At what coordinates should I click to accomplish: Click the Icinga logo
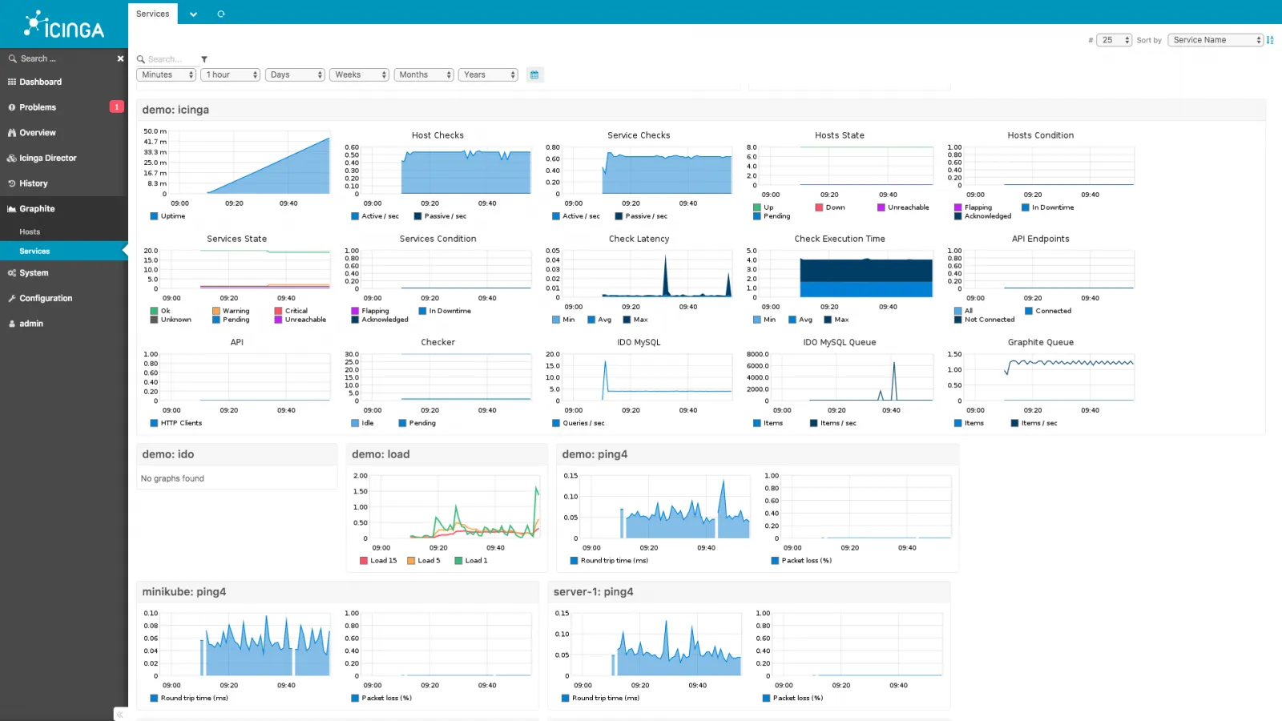[x=64, y=25]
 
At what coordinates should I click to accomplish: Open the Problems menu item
[x=38, y=107]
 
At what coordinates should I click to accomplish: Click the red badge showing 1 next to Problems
[x=116, y=107]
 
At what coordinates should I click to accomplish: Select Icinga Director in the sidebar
[x=48, y=159]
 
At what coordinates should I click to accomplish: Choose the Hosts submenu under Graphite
[x=30, y=232]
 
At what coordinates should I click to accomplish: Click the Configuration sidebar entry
[x=46, y=299]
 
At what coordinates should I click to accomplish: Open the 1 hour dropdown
[x=231, y=75]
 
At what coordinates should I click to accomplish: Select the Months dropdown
[x=424, y=75]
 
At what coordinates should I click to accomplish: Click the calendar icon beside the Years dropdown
[x=534, y=75]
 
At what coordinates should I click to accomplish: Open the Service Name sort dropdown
[x=1215, y=40]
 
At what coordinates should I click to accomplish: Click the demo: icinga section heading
[x=175, y=110]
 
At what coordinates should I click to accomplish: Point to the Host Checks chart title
[x=437, y=135]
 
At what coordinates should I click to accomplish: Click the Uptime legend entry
[x=172, y=216]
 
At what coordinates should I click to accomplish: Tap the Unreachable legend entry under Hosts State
[x=908, y=207]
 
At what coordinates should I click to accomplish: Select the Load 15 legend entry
[x=383, y=561]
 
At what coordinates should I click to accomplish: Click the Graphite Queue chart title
[x=1040, y=342]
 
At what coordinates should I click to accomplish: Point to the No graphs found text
[x=172, y=479]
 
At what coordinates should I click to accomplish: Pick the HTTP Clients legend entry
[x=181, y=423]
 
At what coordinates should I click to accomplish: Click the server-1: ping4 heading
[x=593, y=592]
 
